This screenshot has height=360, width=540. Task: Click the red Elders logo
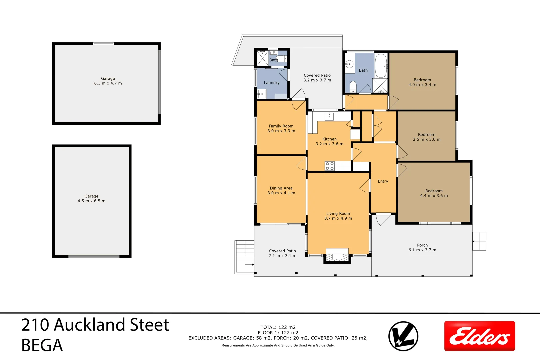479,336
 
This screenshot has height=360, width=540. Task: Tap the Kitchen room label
329,141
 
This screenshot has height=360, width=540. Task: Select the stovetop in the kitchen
330,166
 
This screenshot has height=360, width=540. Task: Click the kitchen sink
329,116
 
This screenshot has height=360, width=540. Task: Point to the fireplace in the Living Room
337,256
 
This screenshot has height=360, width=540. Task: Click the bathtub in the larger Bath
381,66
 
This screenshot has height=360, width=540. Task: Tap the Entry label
383,181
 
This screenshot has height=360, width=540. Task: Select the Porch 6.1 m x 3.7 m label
422,247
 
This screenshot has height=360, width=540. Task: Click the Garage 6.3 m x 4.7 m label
108,81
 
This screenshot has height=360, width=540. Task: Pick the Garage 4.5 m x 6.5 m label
91,199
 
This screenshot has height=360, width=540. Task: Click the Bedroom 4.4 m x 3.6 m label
434,193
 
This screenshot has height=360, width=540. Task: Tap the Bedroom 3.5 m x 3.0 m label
426,137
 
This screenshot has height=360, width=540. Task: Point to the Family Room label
281,128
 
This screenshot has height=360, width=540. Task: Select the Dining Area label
281,190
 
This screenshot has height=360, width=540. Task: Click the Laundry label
272,83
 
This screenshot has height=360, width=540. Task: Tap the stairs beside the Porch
479,241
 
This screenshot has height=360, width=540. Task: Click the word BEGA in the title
42,345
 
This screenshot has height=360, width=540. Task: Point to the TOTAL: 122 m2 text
278,327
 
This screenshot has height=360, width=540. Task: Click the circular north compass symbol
403,336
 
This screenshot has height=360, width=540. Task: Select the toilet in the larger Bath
353,87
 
